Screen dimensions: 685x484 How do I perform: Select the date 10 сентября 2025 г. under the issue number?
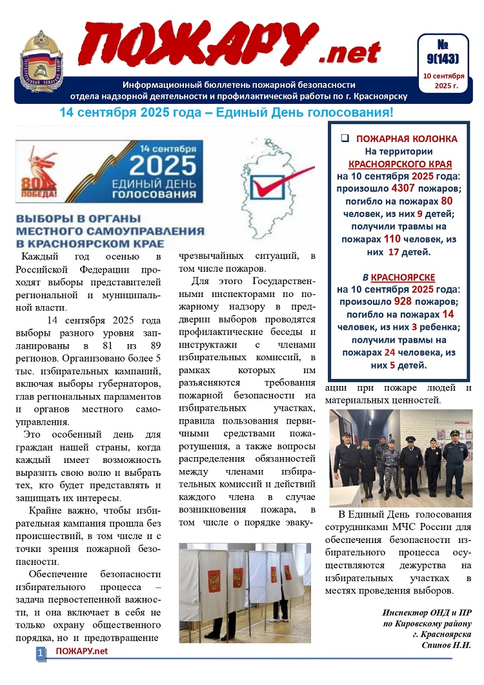click(x=443, y=81)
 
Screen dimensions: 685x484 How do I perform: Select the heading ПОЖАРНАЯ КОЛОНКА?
click(x=407, y=139)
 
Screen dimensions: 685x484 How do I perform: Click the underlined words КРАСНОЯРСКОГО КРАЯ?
click(x=400, y=163)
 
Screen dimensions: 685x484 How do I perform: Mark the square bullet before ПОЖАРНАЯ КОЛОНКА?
click(x=345, y=139)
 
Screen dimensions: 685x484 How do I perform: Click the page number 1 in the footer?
click(x=40, y=653)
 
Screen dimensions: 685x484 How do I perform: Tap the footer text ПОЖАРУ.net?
click(x=81, y=651)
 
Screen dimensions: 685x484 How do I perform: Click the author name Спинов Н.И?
click(x=446, y=645)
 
